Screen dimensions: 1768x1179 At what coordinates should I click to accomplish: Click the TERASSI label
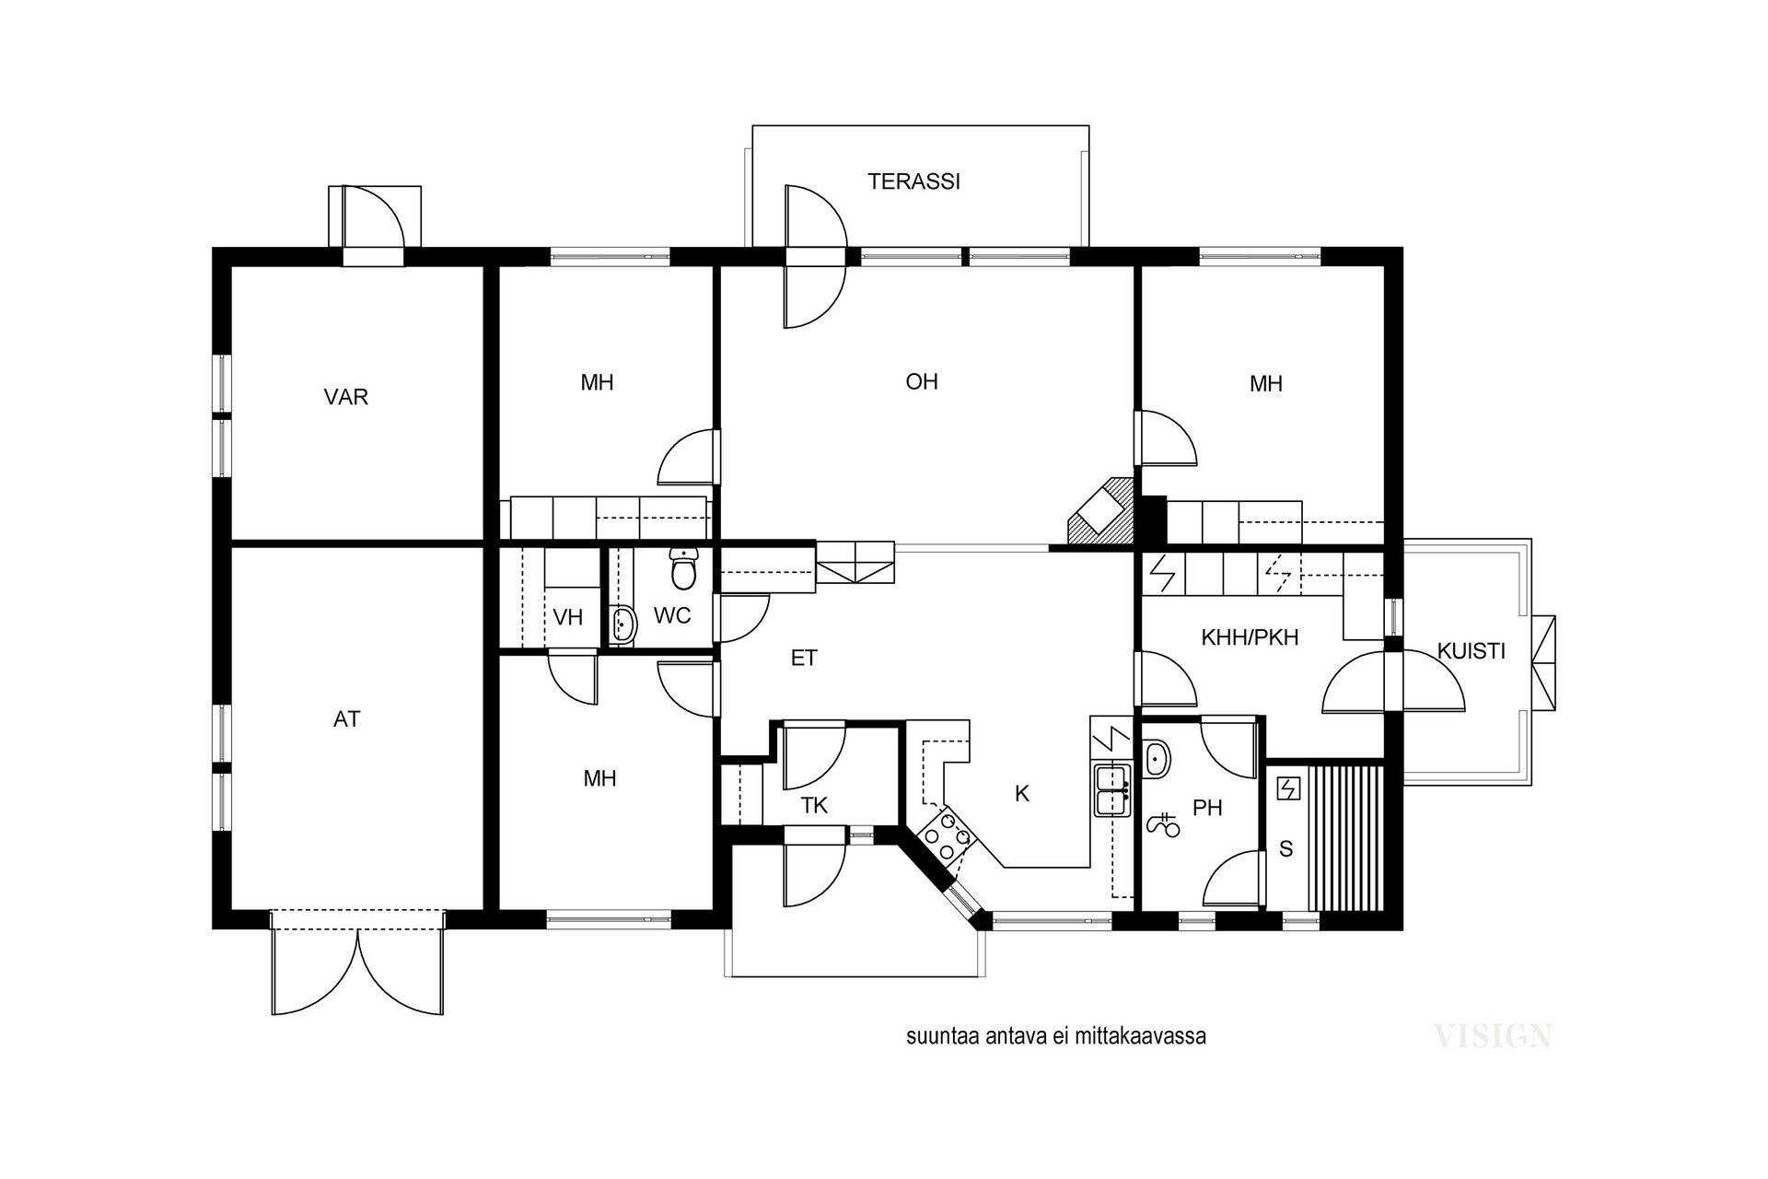coord(913,181)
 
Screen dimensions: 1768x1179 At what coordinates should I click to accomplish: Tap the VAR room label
coord(346,397)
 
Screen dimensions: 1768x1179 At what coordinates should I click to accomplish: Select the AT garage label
coord(346,719)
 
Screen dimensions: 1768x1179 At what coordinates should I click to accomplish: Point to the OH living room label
coord(922,381)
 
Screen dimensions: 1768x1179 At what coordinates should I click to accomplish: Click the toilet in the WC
coord(683,567)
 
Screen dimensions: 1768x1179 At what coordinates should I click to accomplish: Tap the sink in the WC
coord(623,624)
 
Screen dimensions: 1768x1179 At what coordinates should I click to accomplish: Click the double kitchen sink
coord(1112,789)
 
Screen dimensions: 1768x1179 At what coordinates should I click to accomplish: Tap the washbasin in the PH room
coord(1157,759)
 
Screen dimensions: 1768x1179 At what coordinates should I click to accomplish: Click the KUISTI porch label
coord(1471,651)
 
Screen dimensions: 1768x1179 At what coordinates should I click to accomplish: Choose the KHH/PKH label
coord(1250,636)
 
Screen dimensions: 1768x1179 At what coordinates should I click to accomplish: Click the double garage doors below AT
coord(358,963)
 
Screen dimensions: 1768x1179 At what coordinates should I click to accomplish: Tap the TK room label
coord(814,806)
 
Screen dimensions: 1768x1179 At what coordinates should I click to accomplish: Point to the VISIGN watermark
coord(1493,1036)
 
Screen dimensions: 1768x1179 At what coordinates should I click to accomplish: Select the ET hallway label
coord(804,658)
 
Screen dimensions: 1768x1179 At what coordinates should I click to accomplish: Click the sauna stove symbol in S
coord(1286,788)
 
